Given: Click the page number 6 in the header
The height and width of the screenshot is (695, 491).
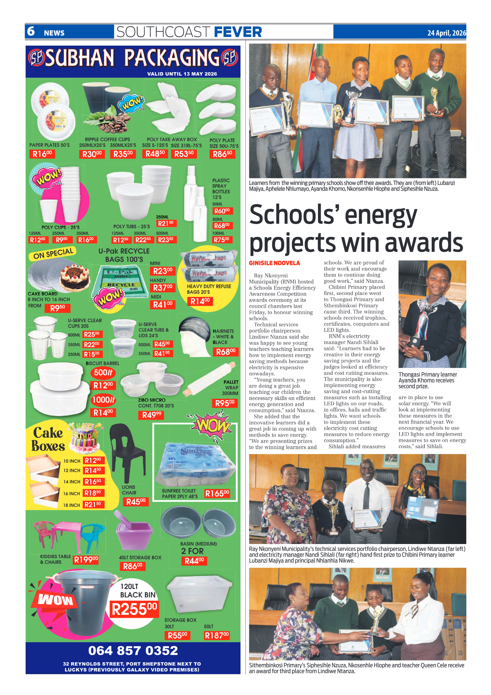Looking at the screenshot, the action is tap(31, 31).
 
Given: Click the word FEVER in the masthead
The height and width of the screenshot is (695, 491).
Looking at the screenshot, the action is tap(238, 32).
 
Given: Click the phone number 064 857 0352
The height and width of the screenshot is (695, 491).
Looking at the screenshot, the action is tap(133, 650).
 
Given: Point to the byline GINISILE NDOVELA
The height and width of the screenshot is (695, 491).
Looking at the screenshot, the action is tap(274, 263).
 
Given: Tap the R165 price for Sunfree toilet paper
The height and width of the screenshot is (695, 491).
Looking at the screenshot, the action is tap(217, 493).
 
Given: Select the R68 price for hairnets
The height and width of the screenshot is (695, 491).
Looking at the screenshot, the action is tap(226, 352).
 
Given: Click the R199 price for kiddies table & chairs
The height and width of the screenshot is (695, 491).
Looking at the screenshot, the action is tap(86, 559).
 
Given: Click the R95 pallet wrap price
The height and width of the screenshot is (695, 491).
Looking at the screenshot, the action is tap(225, 403).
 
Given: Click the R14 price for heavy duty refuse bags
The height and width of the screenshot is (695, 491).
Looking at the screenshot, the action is tap(200, 301).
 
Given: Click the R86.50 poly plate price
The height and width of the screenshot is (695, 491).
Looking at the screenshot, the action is tap(222, 154).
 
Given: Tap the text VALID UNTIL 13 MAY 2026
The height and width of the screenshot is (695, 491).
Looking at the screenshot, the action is tap(182, 74).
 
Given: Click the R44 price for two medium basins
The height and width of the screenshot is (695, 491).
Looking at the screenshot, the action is tap(194, 561).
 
